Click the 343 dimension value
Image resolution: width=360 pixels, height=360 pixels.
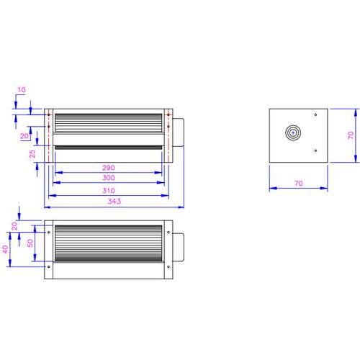click(x=114, y=201)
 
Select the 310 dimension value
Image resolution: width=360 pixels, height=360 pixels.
click(x=109, y=191)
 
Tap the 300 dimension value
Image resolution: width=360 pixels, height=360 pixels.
click(x=109, y=178)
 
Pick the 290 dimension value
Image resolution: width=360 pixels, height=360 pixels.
click(x=109, y=168)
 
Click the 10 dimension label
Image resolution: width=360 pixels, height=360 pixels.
click(x=22, y=90)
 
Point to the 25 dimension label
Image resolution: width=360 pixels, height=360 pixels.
click(x=32, y=154)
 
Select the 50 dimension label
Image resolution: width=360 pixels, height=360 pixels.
click(x=30, y=243)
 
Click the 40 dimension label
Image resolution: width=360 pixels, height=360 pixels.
click(x=5, y=249)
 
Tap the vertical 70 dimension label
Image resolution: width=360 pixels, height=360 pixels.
click(x=351, y=135)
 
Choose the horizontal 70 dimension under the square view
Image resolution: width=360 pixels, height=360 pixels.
click(x=299, y=184)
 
